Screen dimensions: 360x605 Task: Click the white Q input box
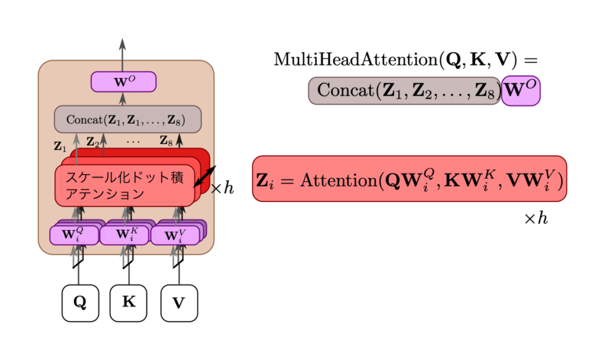point(80,303)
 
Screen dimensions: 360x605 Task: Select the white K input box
point(128,303)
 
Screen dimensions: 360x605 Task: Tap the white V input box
point(179,303)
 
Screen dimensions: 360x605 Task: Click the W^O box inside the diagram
point(123,82)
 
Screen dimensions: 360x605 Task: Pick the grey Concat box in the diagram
point(128,119)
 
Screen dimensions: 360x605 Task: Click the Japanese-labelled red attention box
point(125,186)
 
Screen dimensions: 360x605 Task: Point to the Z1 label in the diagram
point(60,146)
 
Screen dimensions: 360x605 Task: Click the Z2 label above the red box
point(93,141)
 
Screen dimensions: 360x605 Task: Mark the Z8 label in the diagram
point(167,141)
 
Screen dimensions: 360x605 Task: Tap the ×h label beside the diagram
point(222,189)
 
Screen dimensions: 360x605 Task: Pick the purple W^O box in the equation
point(521,91)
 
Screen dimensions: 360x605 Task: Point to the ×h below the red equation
point(536,219)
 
